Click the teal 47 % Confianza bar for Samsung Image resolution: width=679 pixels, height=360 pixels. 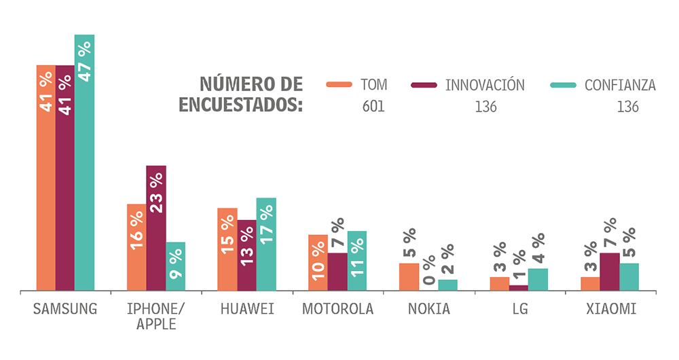pyautogui.click(x=85, y=163)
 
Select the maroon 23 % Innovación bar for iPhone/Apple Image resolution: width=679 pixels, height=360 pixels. pyautogui.click(x=156, y=228)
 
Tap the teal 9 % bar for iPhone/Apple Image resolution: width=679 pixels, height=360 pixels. pyautogui.click(x=175, y=266)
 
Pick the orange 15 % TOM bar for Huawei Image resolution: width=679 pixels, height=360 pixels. pyautogui.click(x=227, y=249)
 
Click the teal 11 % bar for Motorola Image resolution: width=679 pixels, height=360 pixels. pyautogui.click(x=357, y=261)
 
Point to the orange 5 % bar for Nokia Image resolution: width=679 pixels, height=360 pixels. pyautogui.click(x=409, y=277)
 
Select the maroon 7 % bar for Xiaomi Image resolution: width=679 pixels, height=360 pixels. pyautogui.click(x=610, y=272)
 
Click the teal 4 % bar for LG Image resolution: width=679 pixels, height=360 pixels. pyautogui.click(x=538, y=279)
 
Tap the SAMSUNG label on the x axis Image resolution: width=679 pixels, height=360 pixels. pyautogui.click(x=65, y=309)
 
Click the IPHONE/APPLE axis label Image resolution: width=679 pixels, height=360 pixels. pyautogui.click(x=156, y=317)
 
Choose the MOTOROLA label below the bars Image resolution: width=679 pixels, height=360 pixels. pyautogui.click(x=337, y=309)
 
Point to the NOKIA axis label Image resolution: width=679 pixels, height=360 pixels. pyautogui.click(x=428, y=309)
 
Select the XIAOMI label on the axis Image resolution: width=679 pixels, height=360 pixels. pyautogui.click(x=610, y=309)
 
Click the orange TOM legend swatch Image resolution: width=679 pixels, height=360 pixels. pyautogui.click(x=339, y=85)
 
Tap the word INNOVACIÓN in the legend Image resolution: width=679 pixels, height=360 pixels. pyautogui.click(x=485, y=85)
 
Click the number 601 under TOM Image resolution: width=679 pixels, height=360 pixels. pyautogui.click(x=373, y=107)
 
